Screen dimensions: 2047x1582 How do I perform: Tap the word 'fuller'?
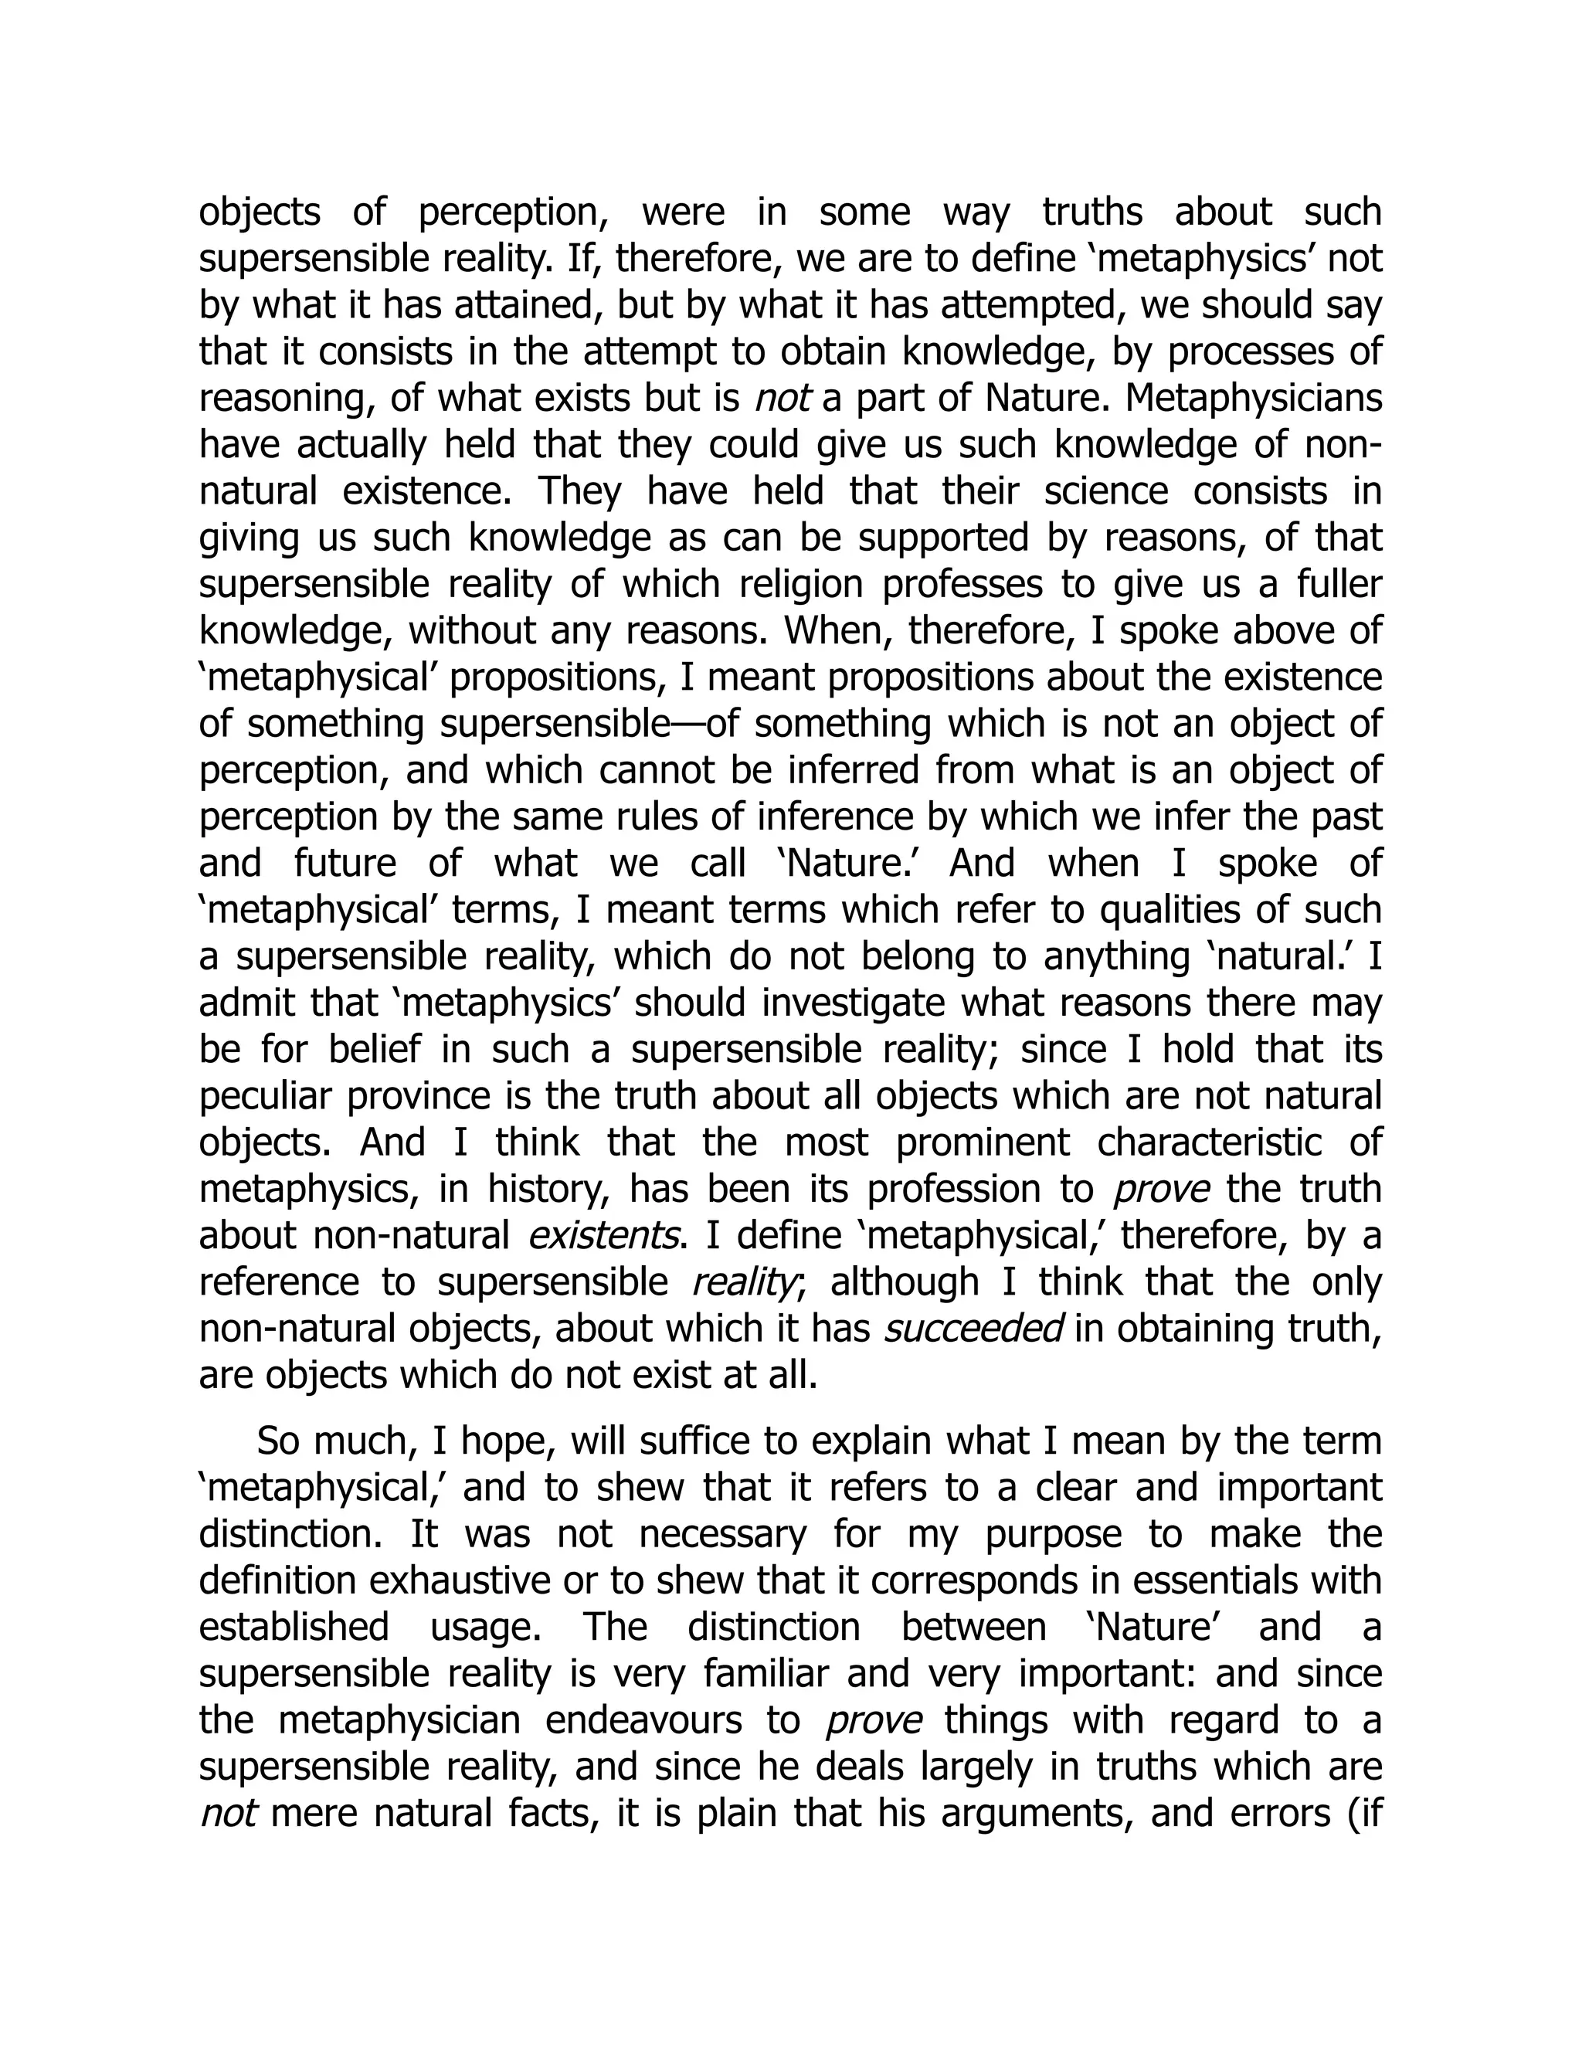point(1337,585)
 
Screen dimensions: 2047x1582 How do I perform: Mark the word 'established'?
point(294,1628)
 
